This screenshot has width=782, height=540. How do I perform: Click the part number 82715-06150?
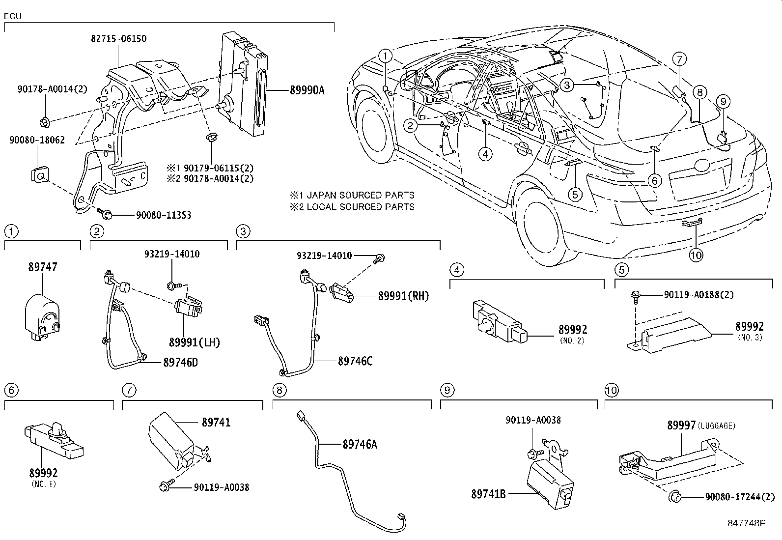(119, 38)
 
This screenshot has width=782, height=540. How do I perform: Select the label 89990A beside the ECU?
(307, 90)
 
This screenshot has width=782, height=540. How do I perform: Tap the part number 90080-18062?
(37, 140)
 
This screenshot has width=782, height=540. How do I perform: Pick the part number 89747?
(43, 267)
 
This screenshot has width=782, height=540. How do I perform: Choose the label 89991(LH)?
(195, 342)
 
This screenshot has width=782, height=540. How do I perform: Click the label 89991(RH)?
(404, 296)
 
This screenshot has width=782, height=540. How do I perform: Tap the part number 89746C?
(355, 361)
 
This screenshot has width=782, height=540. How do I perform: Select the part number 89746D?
(180, 363)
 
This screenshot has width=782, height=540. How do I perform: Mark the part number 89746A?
(360, 444)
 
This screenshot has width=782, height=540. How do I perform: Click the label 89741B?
(488, 494)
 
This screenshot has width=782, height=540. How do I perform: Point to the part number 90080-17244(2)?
(740, 497)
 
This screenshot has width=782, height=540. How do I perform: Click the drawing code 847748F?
(747, 523)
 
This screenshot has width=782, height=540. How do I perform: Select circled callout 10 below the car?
(696, 255)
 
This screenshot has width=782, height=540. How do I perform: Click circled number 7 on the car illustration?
(679, 59)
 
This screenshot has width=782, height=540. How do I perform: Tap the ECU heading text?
(13, 16)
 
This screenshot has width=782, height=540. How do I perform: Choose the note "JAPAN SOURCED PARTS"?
(360, 195)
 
